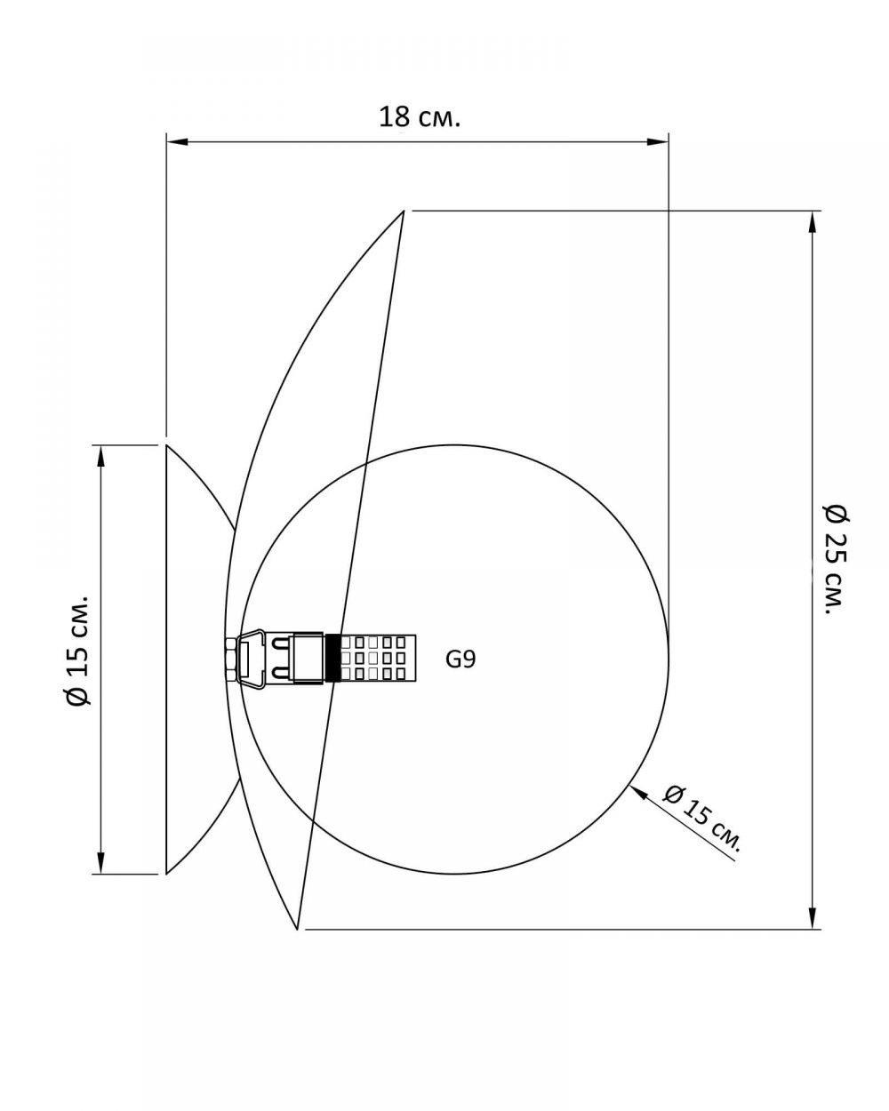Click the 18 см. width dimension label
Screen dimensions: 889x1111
pos(420,117)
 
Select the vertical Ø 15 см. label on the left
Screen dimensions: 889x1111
pos(78,651)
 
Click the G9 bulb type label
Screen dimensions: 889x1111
pos(461,659)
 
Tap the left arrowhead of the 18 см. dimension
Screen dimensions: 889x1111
pos(177,141)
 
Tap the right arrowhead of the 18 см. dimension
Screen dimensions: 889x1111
pos(658,141)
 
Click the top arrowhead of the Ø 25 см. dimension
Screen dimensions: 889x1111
pos(812,222)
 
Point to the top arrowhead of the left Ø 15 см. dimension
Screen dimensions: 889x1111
pos(100,456)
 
